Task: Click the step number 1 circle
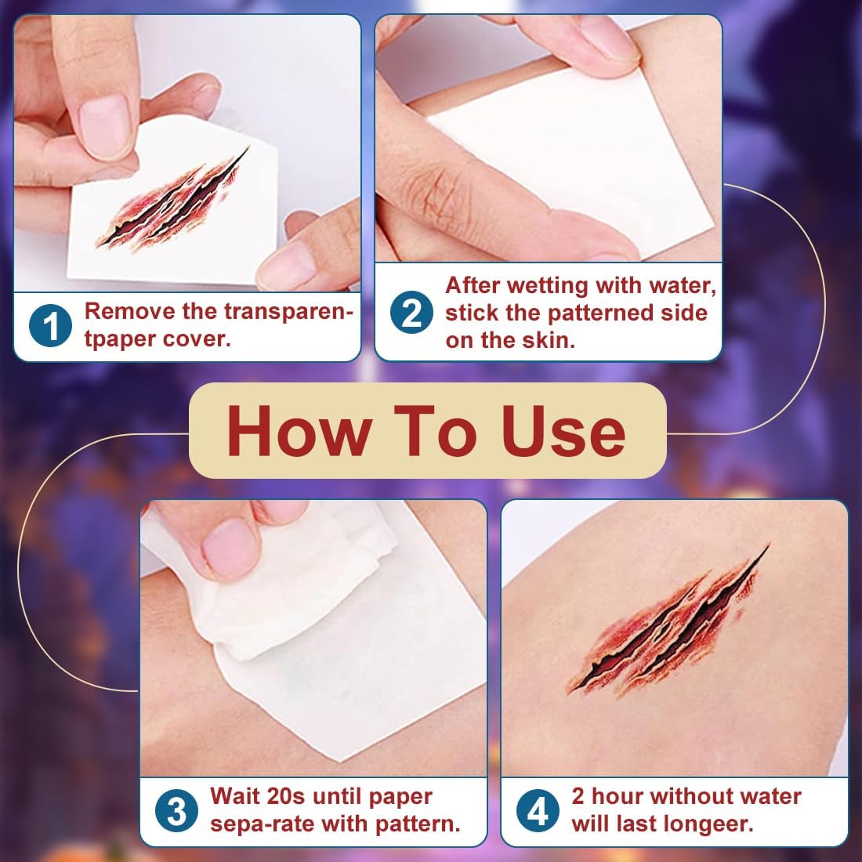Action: pyautogui.click(x=50, y=325)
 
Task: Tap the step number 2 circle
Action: pyautogui.click(x=411, y=312)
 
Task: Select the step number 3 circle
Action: pyautogui.click(x=176, y=811)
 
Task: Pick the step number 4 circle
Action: pyautogui.click(x=537, y=811)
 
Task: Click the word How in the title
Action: pyautogui.click(x=299, y=431)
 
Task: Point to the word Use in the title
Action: pyautogui.click(x=563, y=431)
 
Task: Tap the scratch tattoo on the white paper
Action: pyautogui.click(x=172, y=198)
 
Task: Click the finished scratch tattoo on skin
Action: pyautogui.click(x=668, y=619)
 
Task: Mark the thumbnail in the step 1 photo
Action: pyautogui.click(x=104, y=127)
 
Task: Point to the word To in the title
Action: pyautogui.click(x=436, y=431)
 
